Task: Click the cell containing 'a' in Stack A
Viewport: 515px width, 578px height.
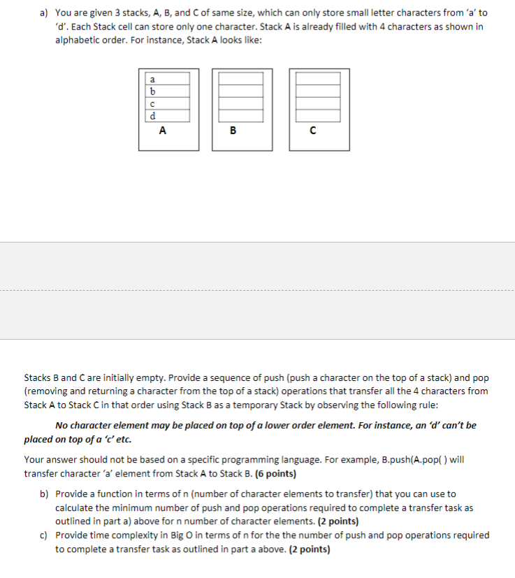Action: pyautogui.click(x=167, y=80)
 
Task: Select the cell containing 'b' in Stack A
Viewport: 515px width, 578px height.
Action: pyautogui.click(x=167, y=92)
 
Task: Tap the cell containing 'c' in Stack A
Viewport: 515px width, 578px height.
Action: pyautogui.click(x=167, y=103)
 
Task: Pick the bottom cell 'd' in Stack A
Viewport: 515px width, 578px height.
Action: pyautogui.click(x=167, y=115)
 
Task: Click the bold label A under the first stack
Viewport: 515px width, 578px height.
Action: pyautogui.click(x=163, y=130)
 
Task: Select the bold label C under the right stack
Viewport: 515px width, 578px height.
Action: pyautogui.click(x=312, y=130)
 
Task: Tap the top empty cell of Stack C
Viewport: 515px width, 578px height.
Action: pyautogui.click(x=320, y=80)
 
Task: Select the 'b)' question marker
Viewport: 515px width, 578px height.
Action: pyautogui.click(x=43, y=493)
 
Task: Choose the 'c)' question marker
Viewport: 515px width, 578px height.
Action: pyautogui.click(x=43, y=535)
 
